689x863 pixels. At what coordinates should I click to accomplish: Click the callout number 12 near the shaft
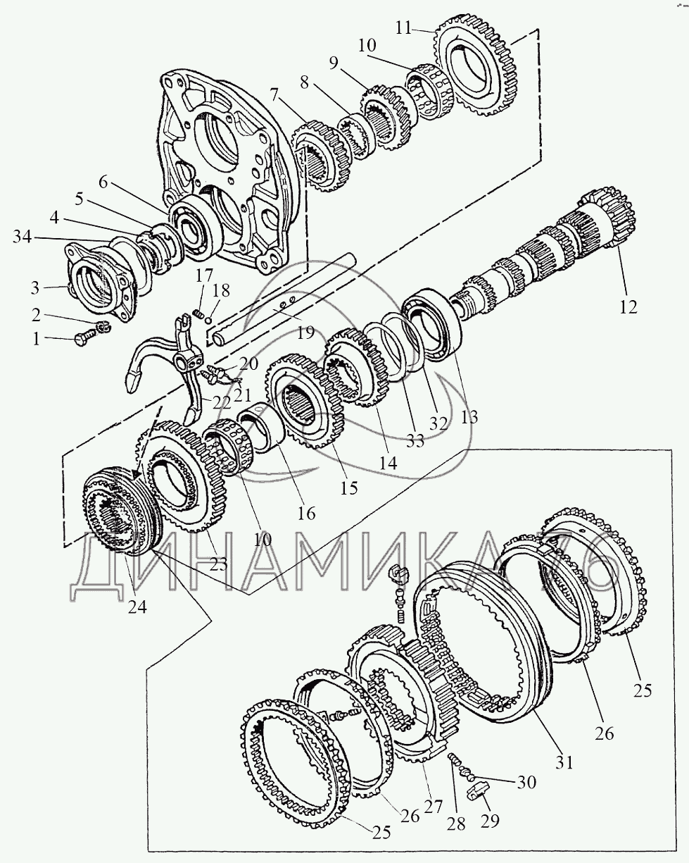(x=628, y=307)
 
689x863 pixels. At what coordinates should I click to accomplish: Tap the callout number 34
(x=23, y=237)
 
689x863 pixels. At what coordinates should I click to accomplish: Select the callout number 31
(x=564, y=762)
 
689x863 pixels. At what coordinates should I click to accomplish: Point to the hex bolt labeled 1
(x=86, y=337)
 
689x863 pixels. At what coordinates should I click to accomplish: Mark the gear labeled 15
(x=305, y=401)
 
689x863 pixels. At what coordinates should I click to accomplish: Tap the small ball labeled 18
(x=208, y=320)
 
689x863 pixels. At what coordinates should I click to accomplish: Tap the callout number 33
(x=415, y=441)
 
